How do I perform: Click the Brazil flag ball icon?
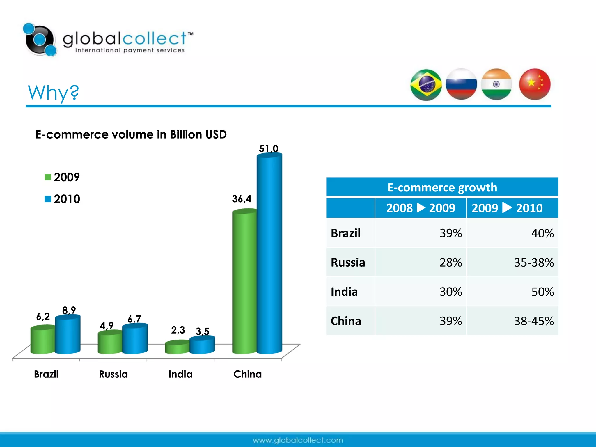426,85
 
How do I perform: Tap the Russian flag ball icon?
461,84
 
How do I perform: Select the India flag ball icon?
496,84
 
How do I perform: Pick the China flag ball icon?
535,84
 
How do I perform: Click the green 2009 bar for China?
244,282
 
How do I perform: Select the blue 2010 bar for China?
269,253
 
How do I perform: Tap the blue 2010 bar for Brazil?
68,335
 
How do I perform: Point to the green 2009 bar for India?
177,347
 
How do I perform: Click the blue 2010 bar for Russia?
135,339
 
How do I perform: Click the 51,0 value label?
269,149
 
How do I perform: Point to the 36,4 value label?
242,199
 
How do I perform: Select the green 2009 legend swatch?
48,177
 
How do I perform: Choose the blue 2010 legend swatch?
48,199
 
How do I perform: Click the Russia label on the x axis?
113,374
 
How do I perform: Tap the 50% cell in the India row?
542,292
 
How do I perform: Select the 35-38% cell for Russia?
533,262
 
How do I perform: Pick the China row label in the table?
346,321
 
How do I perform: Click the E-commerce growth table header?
442,187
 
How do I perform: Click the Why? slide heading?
53,93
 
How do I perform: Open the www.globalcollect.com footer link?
298,440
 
